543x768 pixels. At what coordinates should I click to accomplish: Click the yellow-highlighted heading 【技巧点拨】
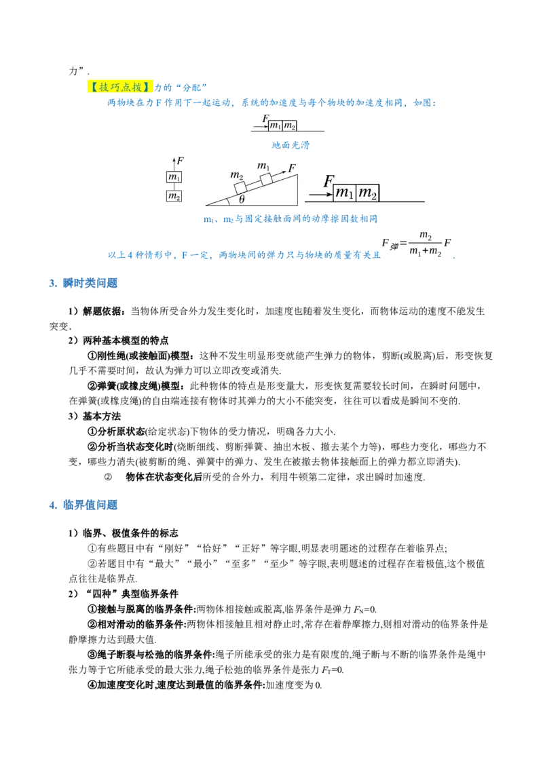coord(121,87)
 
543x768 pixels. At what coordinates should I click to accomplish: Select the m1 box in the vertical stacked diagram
coord(174,177)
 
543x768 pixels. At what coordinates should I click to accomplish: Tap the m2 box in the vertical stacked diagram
coord(174,196)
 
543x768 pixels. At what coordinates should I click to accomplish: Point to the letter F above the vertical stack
coord(180,161)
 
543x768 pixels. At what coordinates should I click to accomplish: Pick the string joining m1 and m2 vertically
coord(174,187)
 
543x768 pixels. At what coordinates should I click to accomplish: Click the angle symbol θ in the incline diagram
coord(242,199)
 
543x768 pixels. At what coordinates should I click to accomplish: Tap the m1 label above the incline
coord(263,166)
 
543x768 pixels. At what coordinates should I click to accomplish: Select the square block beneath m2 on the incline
coord(240,187)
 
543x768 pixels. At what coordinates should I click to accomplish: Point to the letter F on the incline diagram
coord(292,168)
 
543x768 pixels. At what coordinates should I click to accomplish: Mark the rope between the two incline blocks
coord(253,183)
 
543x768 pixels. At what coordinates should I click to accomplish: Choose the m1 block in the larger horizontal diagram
coord(345,193)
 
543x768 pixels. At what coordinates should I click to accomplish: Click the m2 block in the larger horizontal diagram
coord(367,193)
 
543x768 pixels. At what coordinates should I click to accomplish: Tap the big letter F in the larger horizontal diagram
coord(329,181)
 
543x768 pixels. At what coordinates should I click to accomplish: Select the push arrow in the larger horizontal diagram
coord(320,194)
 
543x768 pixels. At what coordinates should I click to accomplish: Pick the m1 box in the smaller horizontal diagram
coord(276,126)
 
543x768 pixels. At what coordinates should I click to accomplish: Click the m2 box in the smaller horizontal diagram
coord(289,126)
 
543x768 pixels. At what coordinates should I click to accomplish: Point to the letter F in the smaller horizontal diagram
coord(265,118)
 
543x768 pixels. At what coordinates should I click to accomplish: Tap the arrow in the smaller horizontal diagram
coord(261,126)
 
